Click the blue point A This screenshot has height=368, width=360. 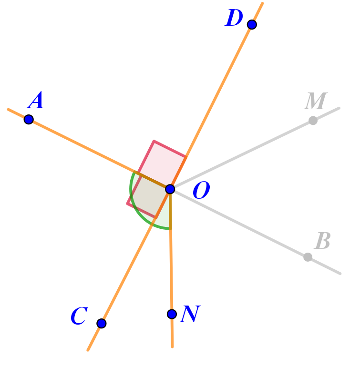[29, 119]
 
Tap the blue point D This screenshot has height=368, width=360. [252, 24]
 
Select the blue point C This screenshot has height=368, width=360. [102, 323]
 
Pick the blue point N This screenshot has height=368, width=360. [172, 314]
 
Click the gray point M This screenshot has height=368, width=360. [313, 121]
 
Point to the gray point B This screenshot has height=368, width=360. [308, 257]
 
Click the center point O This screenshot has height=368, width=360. [170, 189]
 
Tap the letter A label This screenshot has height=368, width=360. [36, 102]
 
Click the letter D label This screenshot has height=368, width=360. [234, 19]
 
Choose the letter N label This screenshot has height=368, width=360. [190, 315]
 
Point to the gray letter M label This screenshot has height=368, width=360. [316, 102]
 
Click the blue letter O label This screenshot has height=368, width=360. [201, 192]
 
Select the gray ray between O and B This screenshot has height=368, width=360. [238, 223]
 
